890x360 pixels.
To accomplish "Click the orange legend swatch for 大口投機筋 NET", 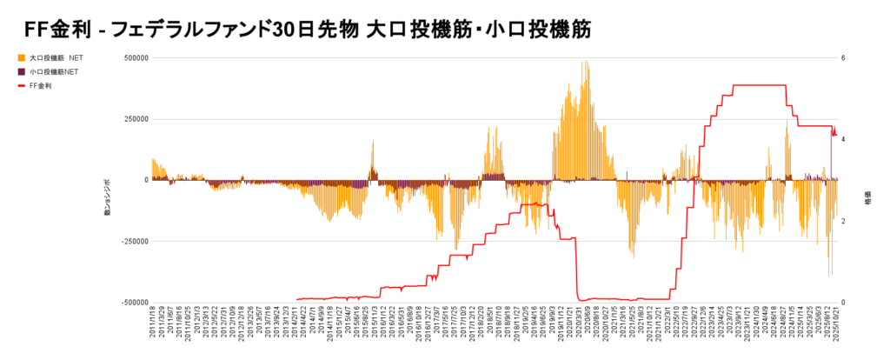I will point(21,57).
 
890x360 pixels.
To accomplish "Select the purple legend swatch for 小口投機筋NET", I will point(21,71).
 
